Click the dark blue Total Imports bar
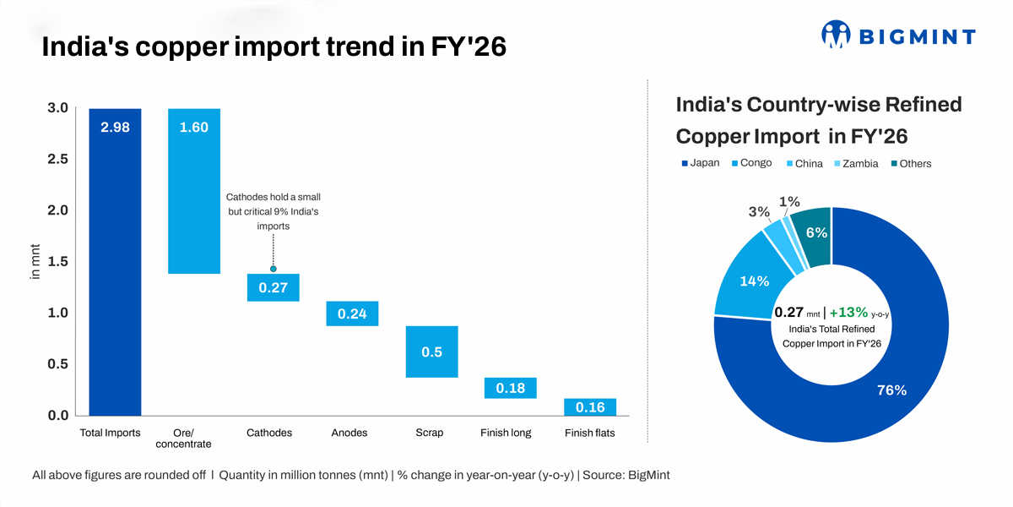tap(115, 262)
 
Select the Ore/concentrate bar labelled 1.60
tap(194, 191)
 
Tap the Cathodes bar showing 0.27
tap(273, 287)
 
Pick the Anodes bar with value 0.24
tap(352, 313)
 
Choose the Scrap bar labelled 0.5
tap(431, 352)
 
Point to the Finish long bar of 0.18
tap(511, 388)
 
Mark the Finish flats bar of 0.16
tap(590, 407)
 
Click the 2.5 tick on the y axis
tap(57, 159)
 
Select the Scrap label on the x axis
tap(430, 433)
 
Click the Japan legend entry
tap(700, 163)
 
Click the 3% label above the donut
tap(757, 211)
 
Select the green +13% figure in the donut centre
tap(848, 312)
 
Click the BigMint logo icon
tap(836, 35)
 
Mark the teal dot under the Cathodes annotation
tap(273, 268)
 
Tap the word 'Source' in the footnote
tap(601, 475)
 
